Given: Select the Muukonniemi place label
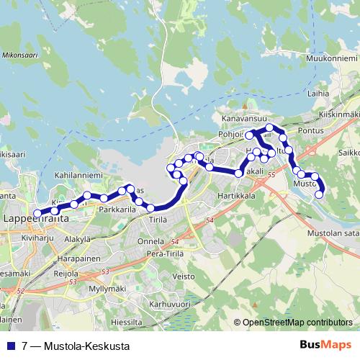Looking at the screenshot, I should pyautogui.click(x=328, y=57).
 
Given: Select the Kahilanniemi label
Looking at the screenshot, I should pyautogui.click(x=78, y=174).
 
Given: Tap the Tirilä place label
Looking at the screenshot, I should pyautogui.click(x=158, y=218).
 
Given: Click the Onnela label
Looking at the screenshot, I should pyautogui.click(x=151, y=241).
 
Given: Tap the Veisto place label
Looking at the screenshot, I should pyautogui.click(x=184, y=275).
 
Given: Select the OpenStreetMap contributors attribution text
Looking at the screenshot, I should pyautogui.click(x=297, y=323).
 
